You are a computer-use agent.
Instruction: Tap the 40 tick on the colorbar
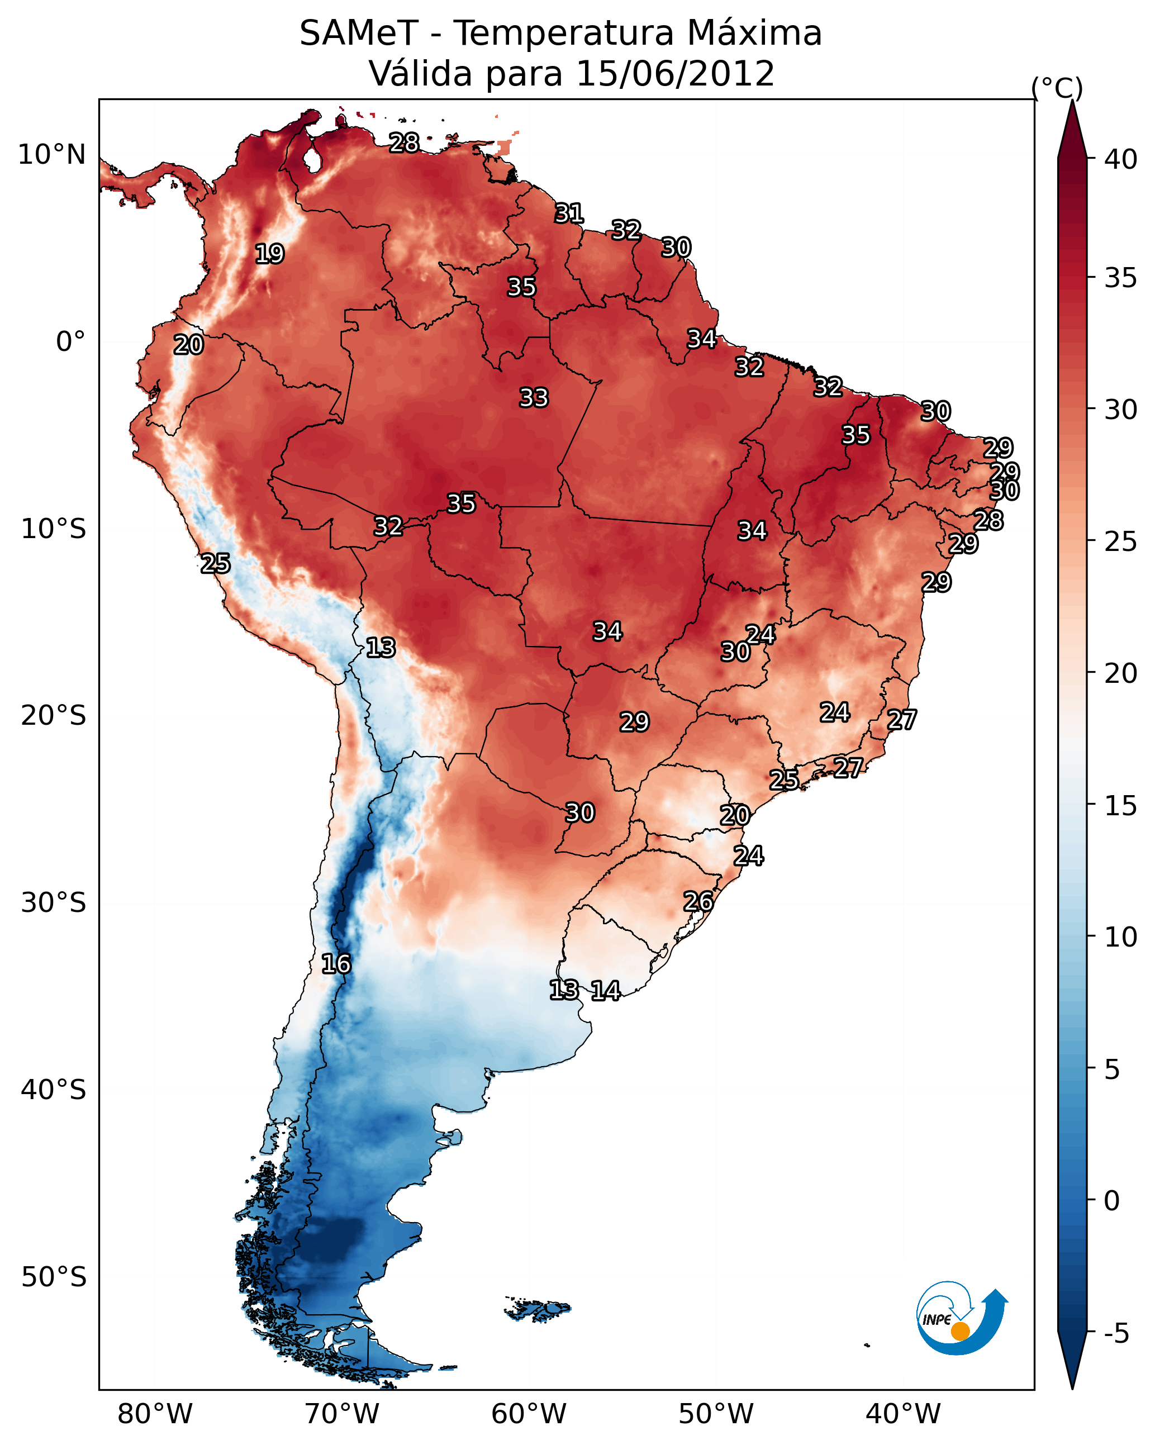(1121, 159)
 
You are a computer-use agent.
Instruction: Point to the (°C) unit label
(1057, 88)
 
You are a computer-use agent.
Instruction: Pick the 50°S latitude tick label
(54, 1277)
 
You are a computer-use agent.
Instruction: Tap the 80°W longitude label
(155, 1414)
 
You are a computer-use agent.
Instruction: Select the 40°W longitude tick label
(903, 1414)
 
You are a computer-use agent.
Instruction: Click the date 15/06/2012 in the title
(674, 73)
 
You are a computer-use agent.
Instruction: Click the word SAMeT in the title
(359, 34)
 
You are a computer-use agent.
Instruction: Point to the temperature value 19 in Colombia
(269, 254)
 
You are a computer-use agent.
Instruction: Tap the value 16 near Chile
(336, 964)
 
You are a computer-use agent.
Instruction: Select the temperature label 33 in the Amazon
(534, 398)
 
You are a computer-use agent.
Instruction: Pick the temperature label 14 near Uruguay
(605, 991)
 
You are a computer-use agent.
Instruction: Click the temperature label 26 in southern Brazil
(698, 901)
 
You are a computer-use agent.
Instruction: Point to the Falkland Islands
(538, 1309)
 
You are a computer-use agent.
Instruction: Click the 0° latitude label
(70, 342)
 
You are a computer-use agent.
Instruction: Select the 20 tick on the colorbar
(1121, 673)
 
